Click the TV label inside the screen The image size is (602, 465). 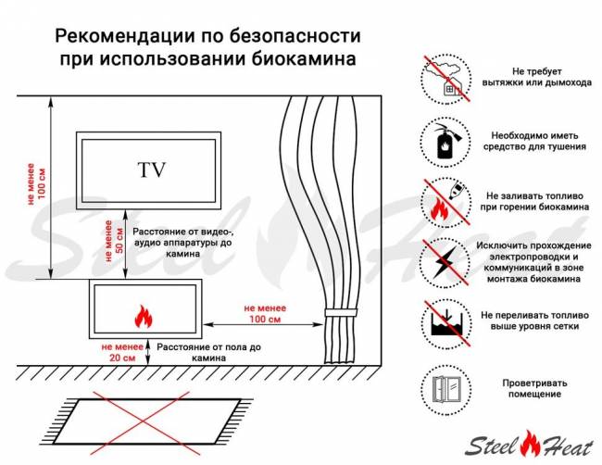coord(151,170)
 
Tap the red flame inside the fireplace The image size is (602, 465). coord(144,317)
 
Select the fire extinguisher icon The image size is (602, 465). coord(445,140)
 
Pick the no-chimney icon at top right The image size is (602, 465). coord(445,77)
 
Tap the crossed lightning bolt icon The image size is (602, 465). coord(445,261)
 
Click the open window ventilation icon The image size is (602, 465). coord(445,386)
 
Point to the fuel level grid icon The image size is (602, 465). coord(445,323)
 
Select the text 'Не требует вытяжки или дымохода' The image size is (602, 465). coord(536,77)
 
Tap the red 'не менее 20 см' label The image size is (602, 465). coord(121,350)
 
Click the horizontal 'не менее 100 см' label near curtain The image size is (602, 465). coord(263,313)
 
